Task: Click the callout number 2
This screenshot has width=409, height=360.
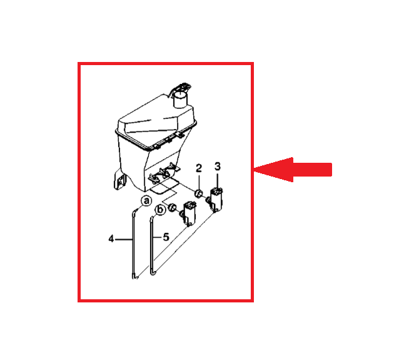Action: [199, 168]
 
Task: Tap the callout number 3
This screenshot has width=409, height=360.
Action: [218, 167]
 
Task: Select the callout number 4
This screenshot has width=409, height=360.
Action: [111, 239]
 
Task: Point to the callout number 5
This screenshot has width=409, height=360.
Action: [166, 237]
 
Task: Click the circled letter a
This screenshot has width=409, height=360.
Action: [146, 201]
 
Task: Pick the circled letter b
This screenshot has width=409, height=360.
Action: [160, 210]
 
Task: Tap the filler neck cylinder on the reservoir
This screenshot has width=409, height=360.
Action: [180, 99]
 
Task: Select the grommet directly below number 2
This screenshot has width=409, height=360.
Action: [199, 193]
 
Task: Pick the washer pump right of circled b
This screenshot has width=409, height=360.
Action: [189, 213]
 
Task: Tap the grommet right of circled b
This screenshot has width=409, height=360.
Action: [172, 207]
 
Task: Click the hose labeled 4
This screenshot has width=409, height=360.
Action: [134, 243]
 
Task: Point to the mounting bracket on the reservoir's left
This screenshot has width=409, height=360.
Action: [119, 180]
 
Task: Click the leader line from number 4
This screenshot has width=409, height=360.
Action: [124, 239]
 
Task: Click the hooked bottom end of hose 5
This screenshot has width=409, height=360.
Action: [153, 273]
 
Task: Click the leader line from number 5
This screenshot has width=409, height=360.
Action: [157, 237]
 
